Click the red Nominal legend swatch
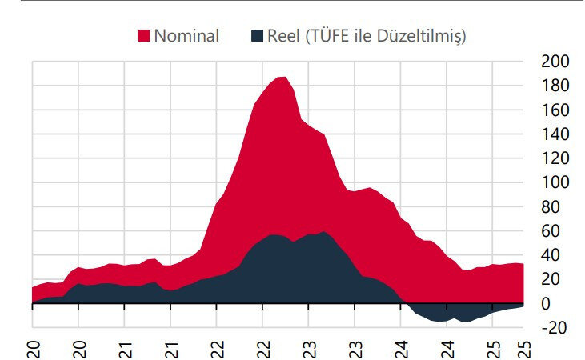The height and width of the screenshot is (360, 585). [144, 36]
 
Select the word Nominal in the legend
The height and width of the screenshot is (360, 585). [186, 36]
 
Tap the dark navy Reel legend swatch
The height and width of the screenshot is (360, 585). [257, 36]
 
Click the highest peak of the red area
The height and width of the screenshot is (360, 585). [281, 78]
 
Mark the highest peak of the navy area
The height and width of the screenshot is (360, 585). [323, 232]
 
